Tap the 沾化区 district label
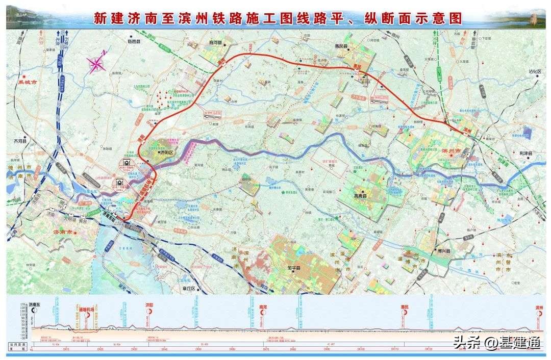(x=534, y=72)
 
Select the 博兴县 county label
(x=444, y=250)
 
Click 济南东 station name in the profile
(x=37, y=304)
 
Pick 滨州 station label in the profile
(x=539, y=307)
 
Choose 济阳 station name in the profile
(x=149, y=305)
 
